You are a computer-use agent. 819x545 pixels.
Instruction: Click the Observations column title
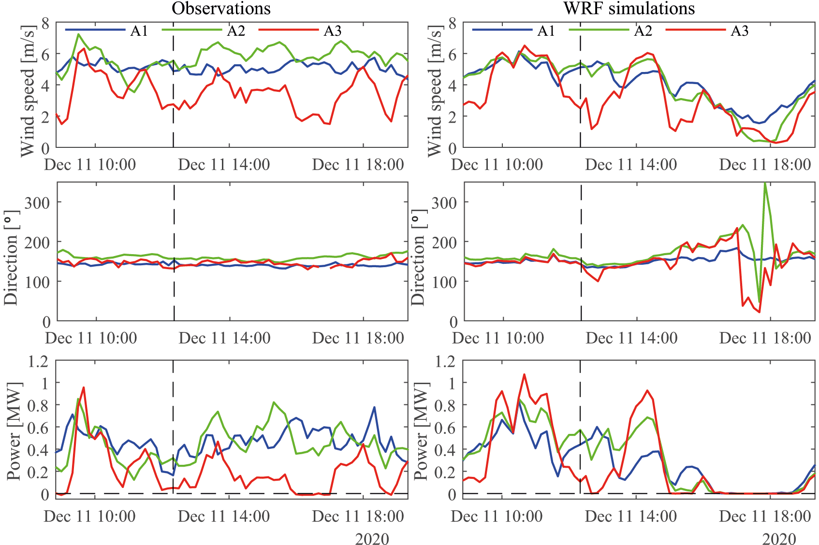(221, 8)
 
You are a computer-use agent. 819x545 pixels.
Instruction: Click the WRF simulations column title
(629, 8)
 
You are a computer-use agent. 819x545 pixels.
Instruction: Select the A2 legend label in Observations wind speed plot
(236, 31)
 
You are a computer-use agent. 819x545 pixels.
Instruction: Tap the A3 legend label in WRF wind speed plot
(739, 31)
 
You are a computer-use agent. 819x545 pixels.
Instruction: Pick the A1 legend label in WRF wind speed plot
(546, 31)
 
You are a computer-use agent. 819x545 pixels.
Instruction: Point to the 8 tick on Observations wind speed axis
(45, 23)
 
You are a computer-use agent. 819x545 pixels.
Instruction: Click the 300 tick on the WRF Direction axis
(444, 203)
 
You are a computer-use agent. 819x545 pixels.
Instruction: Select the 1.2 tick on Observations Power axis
(39, 361)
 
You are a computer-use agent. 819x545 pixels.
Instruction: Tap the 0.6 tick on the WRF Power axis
(445, 428)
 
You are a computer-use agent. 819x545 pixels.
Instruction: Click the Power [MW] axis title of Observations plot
(15, 431)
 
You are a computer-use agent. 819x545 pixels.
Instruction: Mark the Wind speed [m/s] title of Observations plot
(28, 91)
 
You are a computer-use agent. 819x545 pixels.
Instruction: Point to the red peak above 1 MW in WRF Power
(524, 374)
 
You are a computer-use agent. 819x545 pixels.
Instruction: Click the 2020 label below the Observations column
(372, 538)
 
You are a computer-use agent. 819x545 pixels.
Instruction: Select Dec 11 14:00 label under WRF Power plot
(631, 516)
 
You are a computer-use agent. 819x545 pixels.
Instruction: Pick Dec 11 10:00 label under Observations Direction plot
(91, 338)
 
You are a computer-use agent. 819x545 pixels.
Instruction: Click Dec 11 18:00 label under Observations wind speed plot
(358, 165)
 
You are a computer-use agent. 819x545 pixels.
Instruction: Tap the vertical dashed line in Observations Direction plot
(174, 251)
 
